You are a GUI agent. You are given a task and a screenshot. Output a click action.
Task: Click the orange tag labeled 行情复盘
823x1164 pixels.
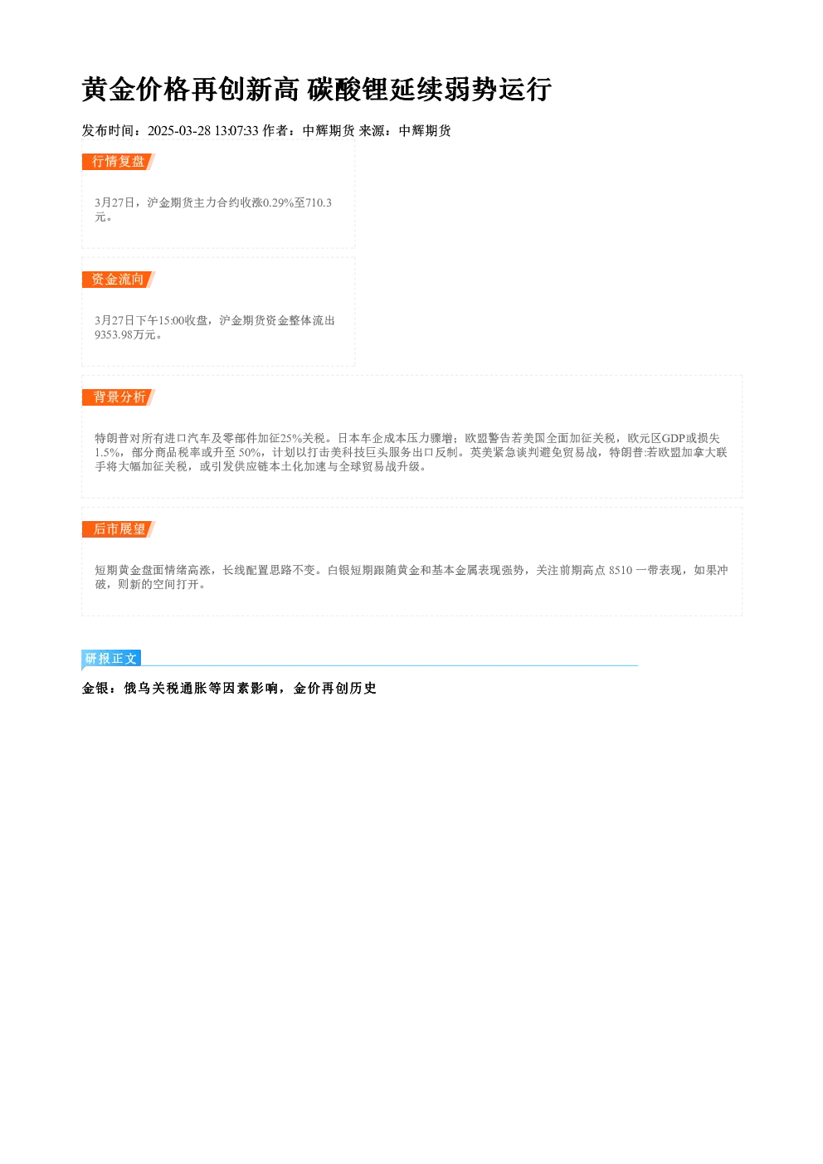click(119, 162)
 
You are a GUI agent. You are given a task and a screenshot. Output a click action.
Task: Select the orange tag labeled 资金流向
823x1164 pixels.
click(119, 280)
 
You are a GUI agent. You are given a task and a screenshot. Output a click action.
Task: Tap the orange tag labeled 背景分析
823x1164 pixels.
click(119, 397)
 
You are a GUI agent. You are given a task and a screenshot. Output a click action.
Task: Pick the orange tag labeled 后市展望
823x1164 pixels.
click(119, 529)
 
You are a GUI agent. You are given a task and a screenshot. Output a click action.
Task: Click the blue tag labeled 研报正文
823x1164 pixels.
click(111, 659)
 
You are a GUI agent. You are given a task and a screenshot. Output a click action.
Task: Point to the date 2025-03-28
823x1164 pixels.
click(179, 131)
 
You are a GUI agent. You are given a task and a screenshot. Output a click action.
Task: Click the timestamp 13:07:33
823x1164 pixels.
click(236, 131)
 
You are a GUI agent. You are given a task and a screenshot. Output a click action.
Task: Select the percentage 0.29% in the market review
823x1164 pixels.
click(279, 202)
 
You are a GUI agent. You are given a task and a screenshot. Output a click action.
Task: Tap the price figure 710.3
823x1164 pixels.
click(319, 202)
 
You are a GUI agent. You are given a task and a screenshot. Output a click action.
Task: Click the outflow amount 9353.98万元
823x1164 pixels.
click(125, 334)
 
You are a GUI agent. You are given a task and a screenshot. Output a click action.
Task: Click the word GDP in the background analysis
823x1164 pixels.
click(674, 439)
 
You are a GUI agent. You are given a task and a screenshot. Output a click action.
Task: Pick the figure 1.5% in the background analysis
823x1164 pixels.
click(107, 453)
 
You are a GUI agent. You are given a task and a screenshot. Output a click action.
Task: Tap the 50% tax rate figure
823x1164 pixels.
click(250, 453)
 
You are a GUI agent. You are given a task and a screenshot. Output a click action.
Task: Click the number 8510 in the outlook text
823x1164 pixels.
click(621, 571)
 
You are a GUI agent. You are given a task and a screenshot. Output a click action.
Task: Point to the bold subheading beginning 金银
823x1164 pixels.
click(229, 689)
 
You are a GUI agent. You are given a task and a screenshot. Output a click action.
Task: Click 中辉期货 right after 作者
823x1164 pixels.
click(329, 131)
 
